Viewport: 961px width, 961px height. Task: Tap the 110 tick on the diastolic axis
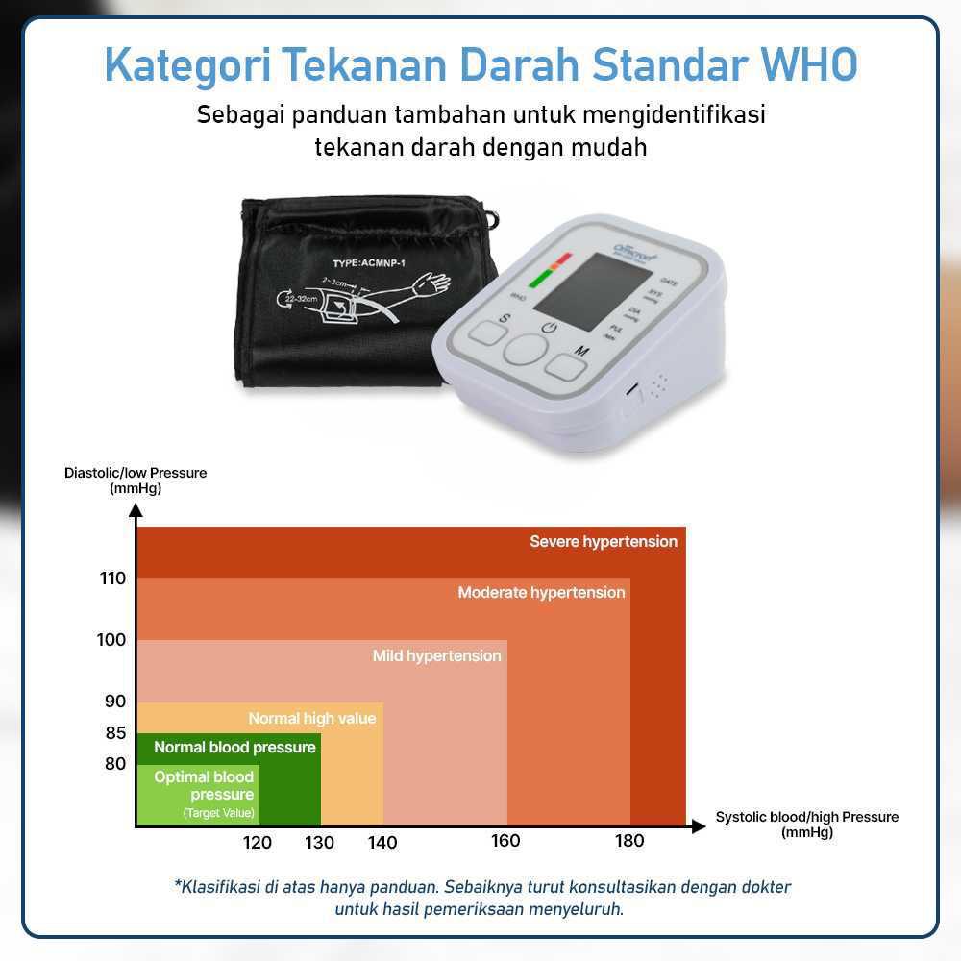112,579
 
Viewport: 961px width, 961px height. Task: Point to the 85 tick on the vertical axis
115,732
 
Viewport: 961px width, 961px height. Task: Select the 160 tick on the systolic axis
505,841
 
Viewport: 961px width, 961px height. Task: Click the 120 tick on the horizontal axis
258,843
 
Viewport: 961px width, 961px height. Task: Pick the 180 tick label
629,841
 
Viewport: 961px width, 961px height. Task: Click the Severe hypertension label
604,542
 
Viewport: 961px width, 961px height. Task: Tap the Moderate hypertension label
541,593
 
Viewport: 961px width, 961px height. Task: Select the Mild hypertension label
436,656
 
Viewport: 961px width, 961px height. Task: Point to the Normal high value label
312,719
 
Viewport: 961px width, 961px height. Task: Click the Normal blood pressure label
234,748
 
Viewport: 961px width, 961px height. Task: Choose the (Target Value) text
219,813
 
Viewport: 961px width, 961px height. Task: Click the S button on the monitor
487,333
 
